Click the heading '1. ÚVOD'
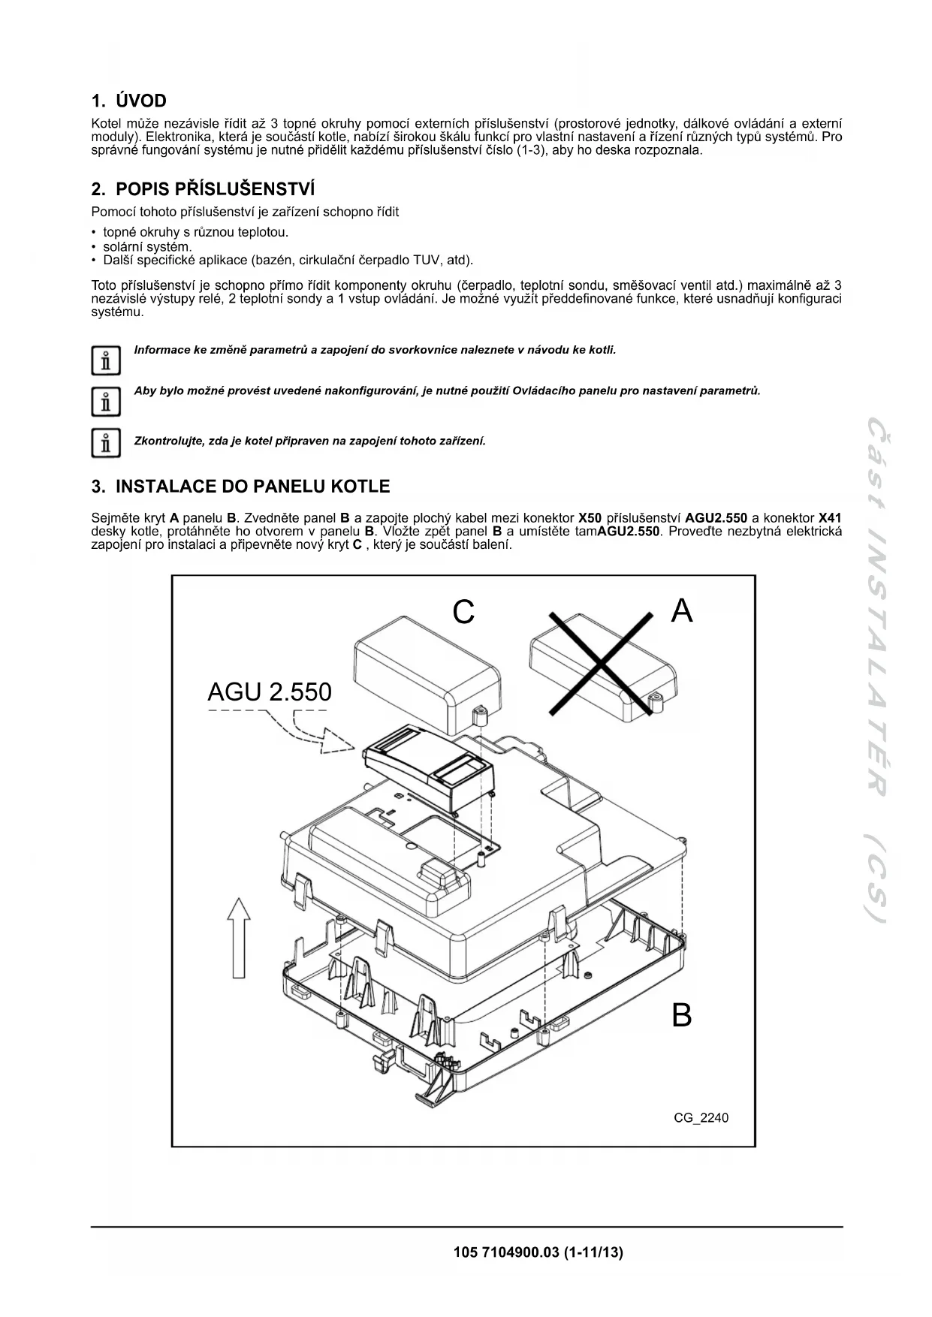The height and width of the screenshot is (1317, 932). coord(128,101)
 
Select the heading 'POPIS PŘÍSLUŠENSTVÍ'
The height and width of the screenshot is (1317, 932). coord(213,188)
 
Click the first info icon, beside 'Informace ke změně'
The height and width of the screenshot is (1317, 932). coord(106,361)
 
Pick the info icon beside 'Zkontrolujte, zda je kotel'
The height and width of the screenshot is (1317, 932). coord(106,443)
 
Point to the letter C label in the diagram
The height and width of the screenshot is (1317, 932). coord(463,613)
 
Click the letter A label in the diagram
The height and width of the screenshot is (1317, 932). coord(681,611)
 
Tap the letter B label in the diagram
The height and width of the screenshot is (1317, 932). coord(681,1015)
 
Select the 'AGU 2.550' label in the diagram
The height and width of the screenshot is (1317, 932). coord(269,692)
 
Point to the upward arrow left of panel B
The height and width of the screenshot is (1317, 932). coord(239,938)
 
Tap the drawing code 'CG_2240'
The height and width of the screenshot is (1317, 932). coord(701,1117)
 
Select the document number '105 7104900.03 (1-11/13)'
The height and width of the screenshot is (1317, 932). coord(538,1252)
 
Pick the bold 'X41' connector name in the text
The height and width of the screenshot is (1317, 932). coord(829,518)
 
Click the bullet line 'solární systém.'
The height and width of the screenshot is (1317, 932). coord(147,246)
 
